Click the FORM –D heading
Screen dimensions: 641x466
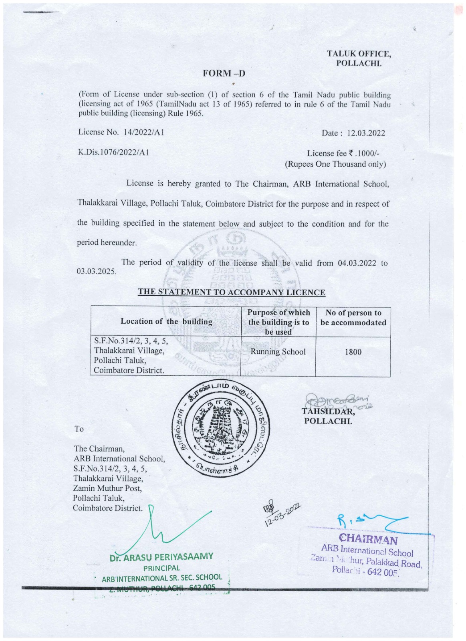224,73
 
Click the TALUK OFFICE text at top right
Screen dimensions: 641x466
358,54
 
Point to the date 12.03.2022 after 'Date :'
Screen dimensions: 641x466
366,133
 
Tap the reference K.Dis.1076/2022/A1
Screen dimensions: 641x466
113,152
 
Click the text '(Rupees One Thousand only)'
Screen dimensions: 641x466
335,164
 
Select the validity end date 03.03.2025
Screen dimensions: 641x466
97,271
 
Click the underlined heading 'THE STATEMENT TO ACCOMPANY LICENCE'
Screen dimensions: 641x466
231,292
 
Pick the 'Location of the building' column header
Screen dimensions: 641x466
166,321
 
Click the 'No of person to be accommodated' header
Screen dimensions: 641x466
353,318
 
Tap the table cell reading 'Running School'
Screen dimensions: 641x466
278,352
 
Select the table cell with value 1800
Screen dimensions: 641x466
353,352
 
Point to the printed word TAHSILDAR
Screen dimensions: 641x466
328,411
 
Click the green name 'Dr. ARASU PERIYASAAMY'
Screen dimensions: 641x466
161,557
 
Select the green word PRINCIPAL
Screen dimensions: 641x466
161,568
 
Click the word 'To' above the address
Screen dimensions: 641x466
79,429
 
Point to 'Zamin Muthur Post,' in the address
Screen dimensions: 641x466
107,488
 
